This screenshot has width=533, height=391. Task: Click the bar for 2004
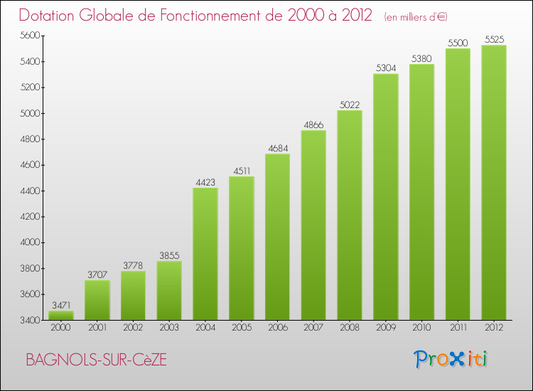coord(205,254)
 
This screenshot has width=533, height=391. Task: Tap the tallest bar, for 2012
coord(494,183)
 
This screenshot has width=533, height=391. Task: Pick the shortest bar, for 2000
coord(60,315)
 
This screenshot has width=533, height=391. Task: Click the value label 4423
coord(205,181)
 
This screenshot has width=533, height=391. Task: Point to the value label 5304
coord(385,68)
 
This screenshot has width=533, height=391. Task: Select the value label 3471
coord(60,304)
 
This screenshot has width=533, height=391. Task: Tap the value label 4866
coord(313,124)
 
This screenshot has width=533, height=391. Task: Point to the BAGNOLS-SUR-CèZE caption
coord(97,360)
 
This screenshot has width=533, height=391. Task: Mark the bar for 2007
coord(313,225)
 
